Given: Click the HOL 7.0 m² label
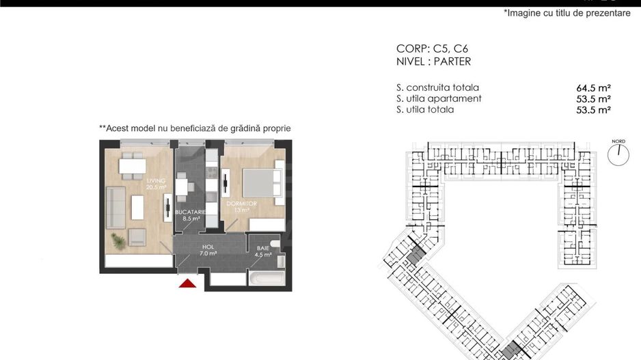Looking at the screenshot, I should pos(208,250).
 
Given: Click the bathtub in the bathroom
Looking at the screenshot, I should pos(266,278).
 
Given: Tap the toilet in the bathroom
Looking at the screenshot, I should pos(275,244).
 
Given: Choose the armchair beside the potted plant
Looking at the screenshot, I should pos(137,237).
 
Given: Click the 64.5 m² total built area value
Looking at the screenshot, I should pos(593,88).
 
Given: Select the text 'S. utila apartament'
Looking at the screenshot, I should pos(439,98).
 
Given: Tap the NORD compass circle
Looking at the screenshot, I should pos(618,155).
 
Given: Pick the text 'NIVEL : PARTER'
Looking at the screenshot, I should pos(433,61).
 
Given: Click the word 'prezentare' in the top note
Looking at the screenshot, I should pos(607,14).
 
